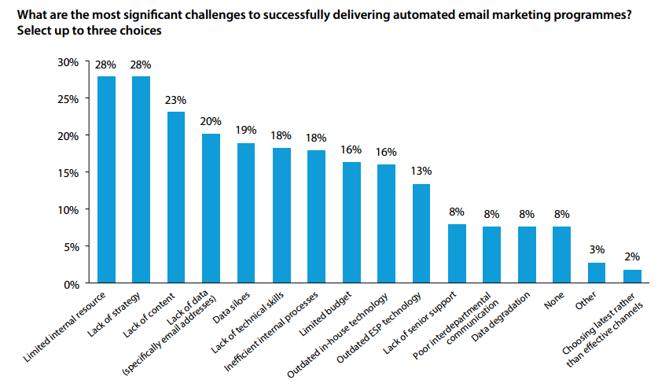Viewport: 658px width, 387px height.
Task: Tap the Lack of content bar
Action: coord(176,197)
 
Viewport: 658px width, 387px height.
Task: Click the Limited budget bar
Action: coord(351,223)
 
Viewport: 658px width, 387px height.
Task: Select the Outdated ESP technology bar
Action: coord(421,234)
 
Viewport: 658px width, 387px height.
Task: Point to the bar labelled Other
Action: coord(597,273)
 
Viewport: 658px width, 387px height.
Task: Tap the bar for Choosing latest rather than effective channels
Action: coord(632,276)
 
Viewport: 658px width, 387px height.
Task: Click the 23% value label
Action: coord(176,100)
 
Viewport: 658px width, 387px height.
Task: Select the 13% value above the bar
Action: coord(421,171)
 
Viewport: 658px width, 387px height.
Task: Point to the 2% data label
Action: coord(632,256)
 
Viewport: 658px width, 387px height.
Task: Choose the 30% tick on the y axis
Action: coord(68,62)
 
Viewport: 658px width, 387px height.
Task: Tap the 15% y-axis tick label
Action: coord(68,172)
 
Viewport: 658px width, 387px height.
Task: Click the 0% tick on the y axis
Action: coord(71,283)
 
